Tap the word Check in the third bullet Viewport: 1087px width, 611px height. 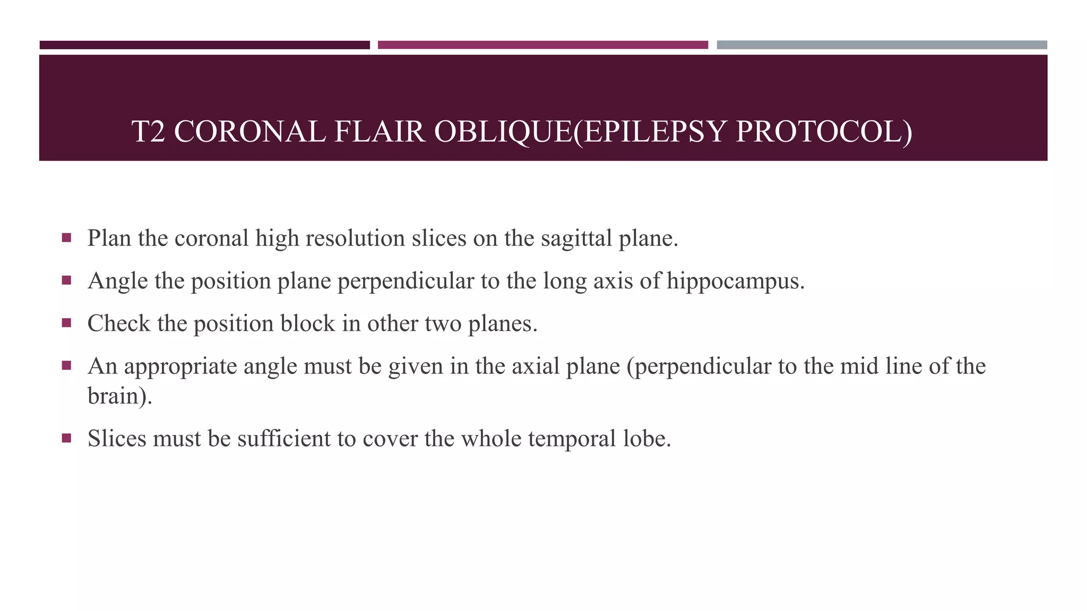118,324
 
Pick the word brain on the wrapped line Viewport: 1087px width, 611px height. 113,396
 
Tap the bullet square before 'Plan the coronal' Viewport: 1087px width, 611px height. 66,238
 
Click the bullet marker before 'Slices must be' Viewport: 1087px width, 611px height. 66,438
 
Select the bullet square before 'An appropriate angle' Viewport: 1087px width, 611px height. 66,365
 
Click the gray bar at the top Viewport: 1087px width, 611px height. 882,45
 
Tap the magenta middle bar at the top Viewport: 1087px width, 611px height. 542,45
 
